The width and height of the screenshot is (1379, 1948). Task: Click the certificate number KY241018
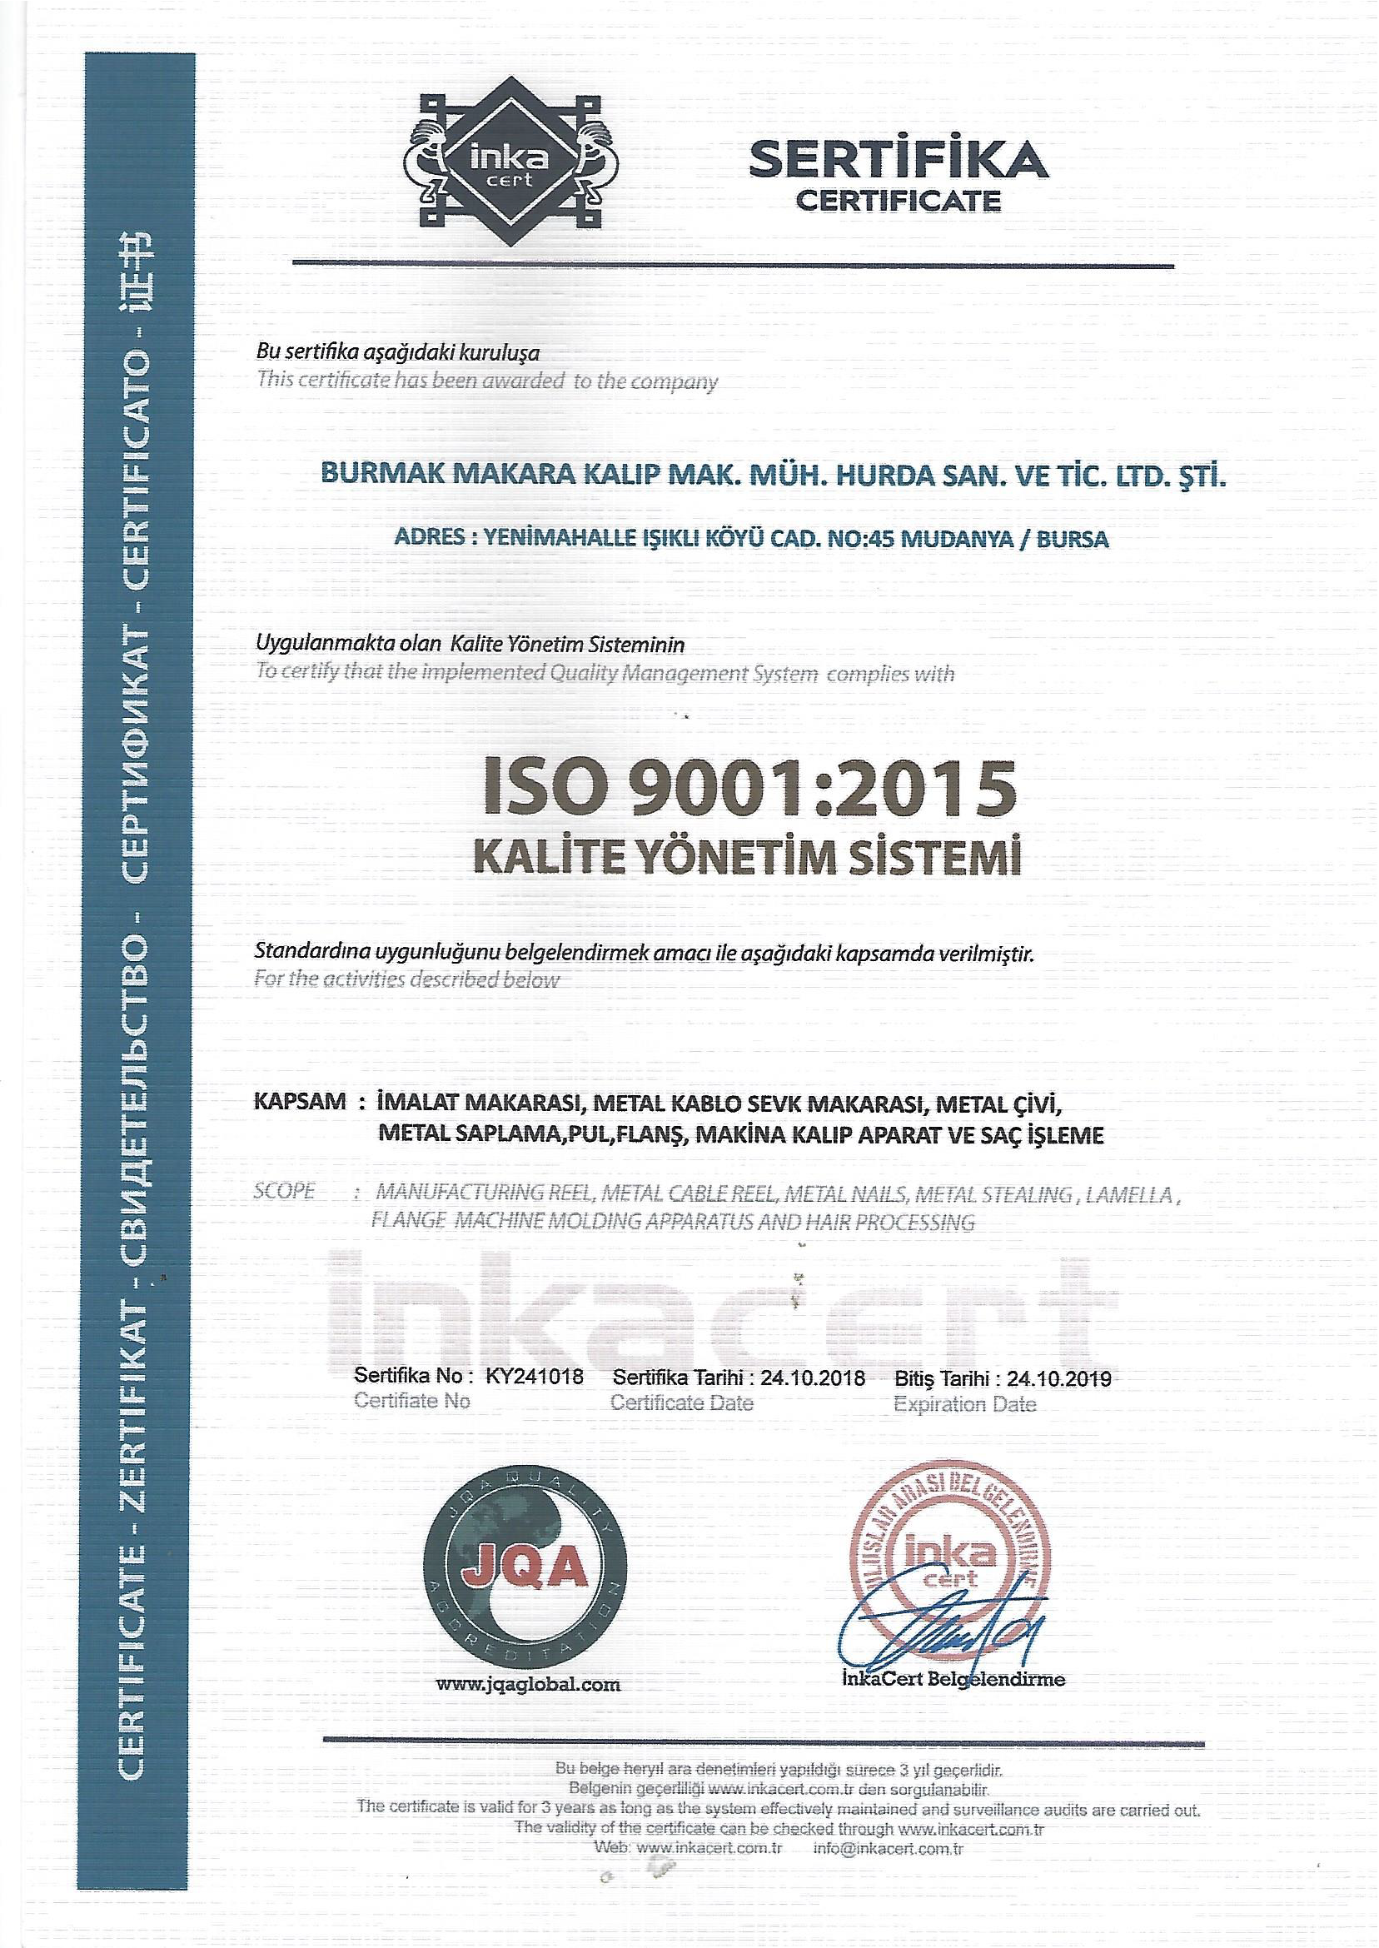click(x=534, y=1377)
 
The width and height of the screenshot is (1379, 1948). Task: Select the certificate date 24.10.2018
click(x=813, y=1378)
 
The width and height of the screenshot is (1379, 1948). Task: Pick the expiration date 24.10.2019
click(x=1059, y=1378)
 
